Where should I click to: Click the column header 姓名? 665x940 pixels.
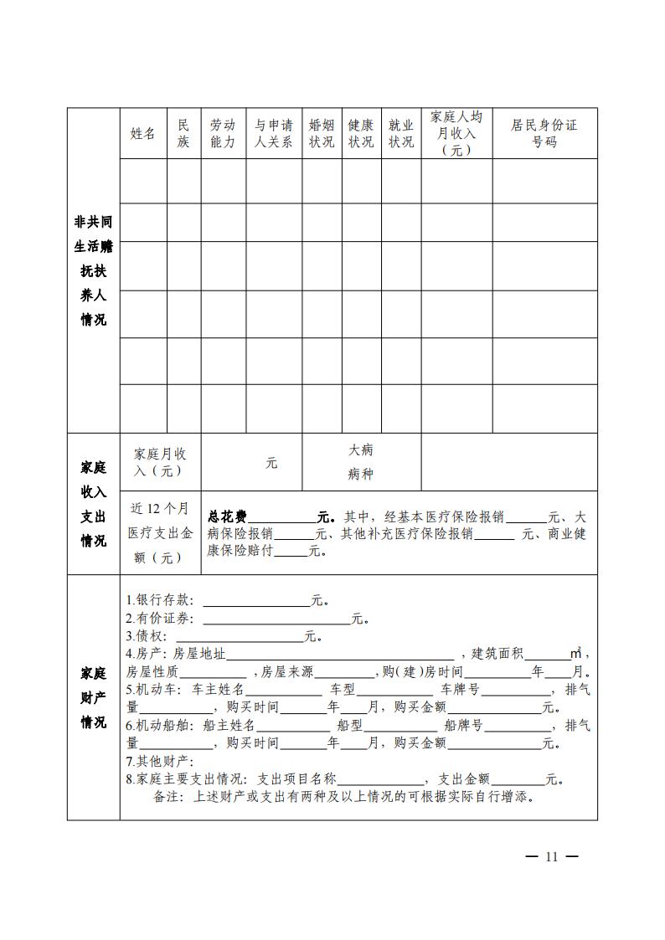point(143,133)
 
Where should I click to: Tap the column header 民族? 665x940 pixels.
point(183,133)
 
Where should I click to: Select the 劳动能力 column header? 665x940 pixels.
point(223,133)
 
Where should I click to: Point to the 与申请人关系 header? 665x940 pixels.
point(274,133)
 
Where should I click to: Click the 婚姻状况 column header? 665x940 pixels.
point(322,133)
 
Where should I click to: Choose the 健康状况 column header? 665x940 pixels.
point(361,133)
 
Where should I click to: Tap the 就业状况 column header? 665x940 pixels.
point(401,133)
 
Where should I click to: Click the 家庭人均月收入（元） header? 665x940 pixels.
point(456,133)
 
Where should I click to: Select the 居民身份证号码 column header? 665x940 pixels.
point(544,133)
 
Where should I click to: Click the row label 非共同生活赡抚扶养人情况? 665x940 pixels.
point(93,270)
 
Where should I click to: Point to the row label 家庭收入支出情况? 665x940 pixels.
point(93,504)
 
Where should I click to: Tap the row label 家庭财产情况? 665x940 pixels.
point(93,697)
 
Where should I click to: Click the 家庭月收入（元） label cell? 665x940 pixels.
point(160,462)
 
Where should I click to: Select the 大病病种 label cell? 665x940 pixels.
point(361,462)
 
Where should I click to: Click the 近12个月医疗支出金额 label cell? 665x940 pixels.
point(160,532)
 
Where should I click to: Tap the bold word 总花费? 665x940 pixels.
point(224,516)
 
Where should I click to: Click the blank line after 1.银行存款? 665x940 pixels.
point(256,601)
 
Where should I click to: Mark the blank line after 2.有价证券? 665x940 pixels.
point(276,619)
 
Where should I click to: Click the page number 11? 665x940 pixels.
point(550,856)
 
